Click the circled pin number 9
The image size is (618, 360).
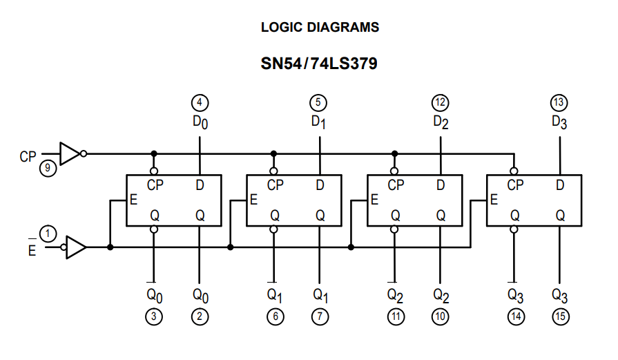pyautogui.click(x=48, y=169)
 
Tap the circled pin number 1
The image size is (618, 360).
pyautogui.click(x=48, y=234)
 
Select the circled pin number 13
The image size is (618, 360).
pyautogui.click(x=559, y=103)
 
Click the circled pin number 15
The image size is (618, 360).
pyautogui.click(x=560, y=316)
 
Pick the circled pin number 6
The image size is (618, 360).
pyautogui.click(x=275, y=316)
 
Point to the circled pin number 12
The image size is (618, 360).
pyautogui.click(x=441, y=103)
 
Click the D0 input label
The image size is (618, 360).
pyautogui.click(x=200, y=122)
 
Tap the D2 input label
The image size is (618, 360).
pyautogui.click(x=441, y=122)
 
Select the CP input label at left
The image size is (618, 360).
pyautogui.click(x=28, y=157)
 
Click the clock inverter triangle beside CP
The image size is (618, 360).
pyautogui.click(x=70, y=153)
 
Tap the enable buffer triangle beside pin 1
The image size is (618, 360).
pyautogui.click(x=76, y=247)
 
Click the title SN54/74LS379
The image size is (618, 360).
pyautogui.click(x=319, y=64)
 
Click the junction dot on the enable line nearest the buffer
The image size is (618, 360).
pyautogui.click(x=110, y=247)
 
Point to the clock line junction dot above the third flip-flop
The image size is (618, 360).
pyautogui.click(x=394, y=153)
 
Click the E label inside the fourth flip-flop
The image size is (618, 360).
pyautogui.click(x=494, y=200)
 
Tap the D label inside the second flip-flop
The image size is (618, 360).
pyautogui.click(x=320, y=185)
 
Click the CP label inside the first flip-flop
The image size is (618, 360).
pyautogui.click(x=155, y=185)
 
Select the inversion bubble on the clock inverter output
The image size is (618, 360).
pyautogui.click(x=84, y=153)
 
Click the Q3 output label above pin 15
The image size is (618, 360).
pyautogui.click(x=560, y=296)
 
